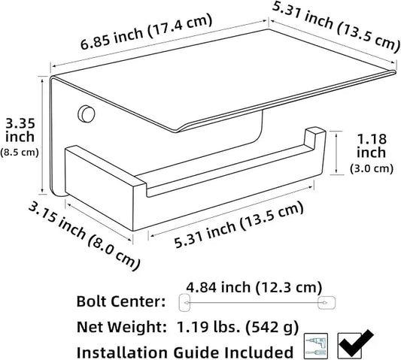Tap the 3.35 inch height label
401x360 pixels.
click(x=20, y=130)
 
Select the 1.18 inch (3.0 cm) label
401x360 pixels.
click(x=372, y=153)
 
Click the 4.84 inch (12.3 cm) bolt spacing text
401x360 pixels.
click(x=254, y=287)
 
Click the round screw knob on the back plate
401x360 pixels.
click(x=87, y=113)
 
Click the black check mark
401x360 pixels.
click(x=357, y=343)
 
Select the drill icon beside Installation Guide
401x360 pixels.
click(x=317, y=346)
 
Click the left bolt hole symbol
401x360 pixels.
click(x=184, y=303)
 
